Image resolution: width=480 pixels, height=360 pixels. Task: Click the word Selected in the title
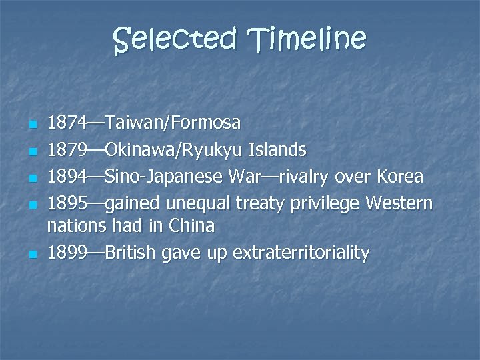tap(175, 39)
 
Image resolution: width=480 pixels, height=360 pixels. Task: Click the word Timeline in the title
tap(307, 39)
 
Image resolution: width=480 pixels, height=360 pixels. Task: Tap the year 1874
tap(66, 123)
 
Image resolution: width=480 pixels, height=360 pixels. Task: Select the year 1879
tap(66, 150)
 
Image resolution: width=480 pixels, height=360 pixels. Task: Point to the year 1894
tap(66, 177)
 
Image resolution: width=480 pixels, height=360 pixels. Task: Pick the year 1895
tap(66, 202)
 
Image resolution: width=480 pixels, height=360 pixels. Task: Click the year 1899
tap(66, 253)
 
